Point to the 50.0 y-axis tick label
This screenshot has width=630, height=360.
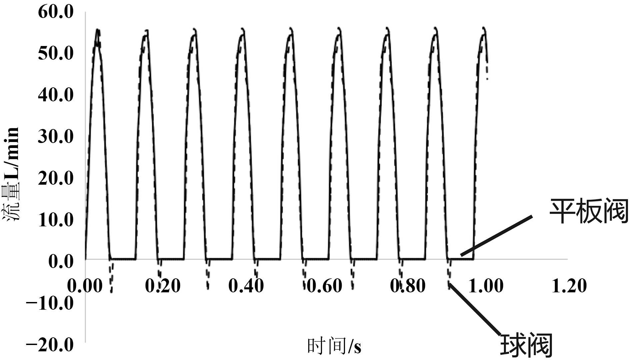click(56, 53)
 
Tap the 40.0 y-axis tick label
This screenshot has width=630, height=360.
click(56, 95)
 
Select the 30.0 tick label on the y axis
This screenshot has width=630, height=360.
click(56, 136)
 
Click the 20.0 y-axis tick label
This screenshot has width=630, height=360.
click(56, 178)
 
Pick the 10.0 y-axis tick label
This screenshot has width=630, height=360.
click(56, 220)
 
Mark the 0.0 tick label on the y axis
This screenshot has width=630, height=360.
click(61, 261)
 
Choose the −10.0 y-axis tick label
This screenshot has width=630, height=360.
click(50, 303)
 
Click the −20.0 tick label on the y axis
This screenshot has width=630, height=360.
click(50, 345)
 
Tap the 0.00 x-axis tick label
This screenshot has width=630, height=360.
click(85, 286)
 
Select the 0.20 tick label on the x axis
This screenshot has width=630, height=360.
click(163, 286)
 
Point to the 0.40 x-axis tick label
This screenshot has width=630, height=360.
click(246, 286)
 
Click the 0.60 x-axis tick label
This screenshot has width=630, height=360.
click(324, 286)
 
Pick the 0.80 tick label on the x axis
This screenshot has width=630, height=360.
click(408, 286)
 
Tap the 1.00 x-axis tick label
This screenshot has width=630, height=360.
click(486, 286)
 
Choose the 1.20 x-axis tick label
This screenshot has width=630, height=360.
click(569, 286)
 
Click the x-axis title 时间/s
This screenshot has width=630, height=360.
click(334, 346)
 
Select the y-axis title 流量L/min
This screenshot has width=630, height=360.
click(11, 174)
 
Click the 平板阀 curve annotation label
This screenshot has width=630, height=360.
click(588, 211)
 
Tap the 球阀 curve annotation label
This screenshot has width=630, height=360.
click(526, 345)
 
